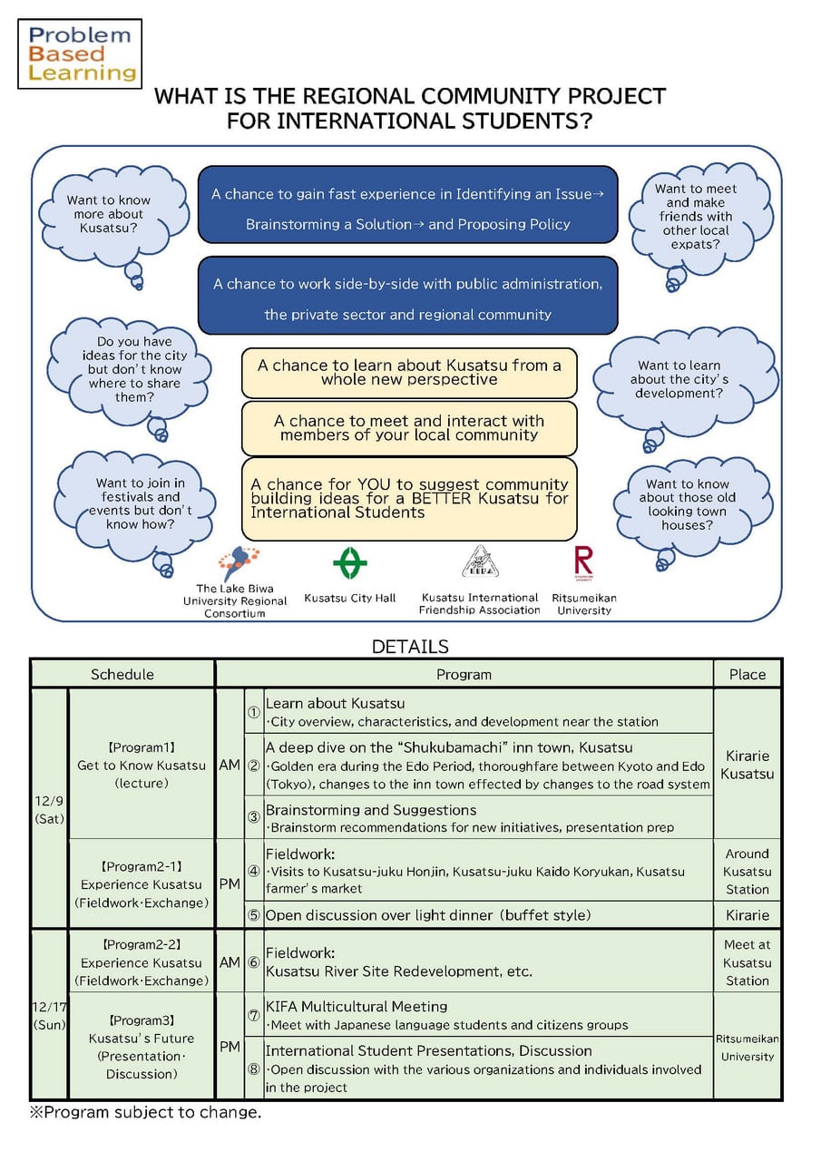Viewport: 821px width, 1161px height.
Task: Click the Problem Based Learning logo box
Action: tap(80, 54)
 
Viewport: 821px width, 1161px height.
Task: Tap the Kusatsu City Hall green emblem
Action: tap(350, 562)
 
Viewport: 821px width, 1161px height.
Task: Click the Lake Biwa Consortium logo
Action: tap(239, 563)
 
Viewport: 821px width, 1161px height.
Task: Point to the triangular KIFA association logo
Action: tap(480, 561)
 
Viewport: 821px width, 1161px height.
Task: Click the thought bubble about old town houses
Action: tap(690, 505)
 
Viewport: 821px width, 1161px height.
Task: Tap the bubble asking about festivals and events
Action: tap(136, 505)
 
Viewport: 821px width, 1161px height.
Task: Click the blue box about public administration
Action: tap(408, 296)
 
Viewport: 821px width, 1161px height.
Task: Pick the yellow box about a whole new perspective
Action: tap(409, 373)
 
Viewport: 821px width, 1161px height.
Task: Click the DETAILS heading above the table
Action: tap(410, 647)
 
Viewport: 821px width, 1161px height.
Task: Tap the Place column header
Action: tap(748, 674)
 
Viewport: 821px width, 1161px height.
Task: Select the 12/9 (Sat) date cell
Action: tap(49, 809)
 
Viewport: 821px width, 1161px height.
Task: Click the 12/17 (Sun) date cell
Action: tap(49, 1015)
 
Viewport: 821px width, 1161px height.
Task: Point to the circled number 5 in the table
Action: tap(253, 915)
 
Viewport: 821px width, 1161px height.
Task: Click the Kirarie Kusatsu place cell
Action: tap(748, 765)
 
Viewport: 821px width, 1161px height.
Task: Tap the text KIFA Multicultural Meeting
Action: tap(357, 1007)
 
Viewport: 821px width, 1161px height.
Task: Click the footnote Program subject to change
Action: tap(145, 1112)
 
